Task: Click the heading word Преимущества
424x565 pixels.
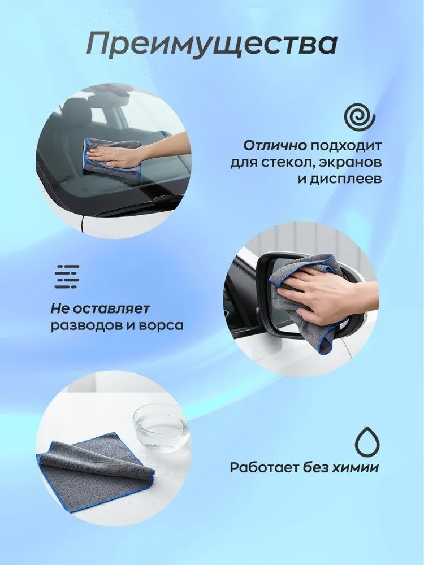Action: click(x=212, y=44)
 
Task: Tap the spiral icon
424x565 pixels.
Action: click(x=360, y=118)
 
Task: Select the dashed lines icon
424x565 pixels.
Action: click(x=67, y=277)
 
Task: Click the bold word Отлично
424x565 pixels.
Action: click(x=275, y=146)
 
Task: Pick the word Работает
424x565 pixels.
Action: click(x=265, y=468)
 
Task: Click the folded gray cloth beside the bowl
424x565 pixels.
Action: click(x=97, y=469)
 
